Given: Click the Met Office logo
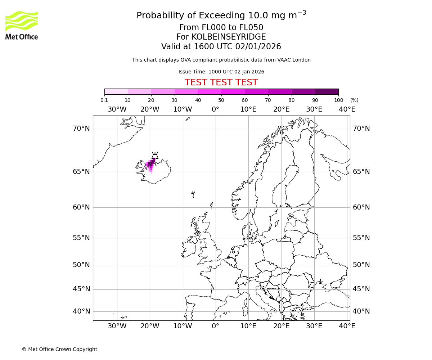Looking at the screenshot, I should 22,25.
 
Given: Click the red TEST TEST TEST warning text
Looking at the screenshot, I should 221,82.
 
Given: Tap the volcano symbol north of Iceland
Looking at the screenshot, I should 155,156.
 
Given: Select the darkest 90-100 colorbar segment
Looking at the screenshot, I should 327,91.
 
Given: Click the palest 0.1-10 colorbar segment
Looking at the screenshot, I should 116,91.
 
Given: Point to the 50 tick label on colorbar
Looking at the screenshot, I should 221,100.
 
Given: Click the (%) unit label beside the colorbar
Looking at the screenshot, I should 354,100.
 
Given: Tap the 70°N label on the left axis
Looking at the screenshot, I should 81,129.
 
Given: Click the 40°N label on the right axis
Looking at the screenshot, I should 361,311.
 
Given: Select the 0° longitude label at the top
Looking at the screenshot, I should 215,109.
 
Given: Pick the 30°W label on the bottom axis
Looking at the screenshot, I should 117,326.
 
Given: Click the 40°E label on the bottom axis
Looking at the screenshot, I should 347,326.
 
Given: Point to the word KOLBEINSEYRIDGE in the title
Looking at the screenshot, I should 229,37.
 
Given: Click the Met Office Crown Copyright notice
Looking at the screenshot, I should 59,349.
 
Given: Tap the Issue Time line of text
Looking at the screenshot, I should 221,72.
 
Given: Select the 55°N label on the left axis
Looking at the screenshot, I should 81,238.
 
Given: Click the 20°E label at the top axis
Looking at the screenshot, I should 281,109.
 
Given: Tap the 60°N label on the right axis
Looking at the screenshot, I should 361,207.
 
